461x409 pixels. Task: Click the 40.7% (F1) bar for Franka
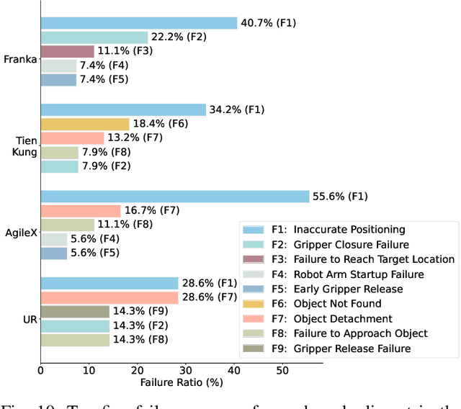coord(138,23)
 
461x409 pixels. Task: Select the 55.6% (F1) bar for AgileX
coord(174,197)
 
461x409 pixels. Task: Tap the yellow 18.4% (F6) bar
coord(84,124)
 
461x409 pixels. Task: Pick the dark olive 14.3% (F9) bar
coord(74,312)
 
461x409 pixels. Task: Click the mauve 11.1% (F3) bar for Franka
coord(67,51)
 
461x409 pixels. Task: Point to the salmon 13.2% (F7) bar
coord(72,138)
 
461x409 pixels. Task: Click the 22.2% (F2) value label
coord(178,37)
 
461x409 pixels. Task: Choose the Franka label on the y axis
coord(19,59)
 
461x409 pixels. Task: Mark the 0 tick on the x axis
coord(40,370)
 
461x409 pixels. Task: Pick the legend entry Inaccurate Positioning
coord(349,229)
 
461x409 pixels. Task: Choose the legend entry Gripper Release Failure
coord(352,349)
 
